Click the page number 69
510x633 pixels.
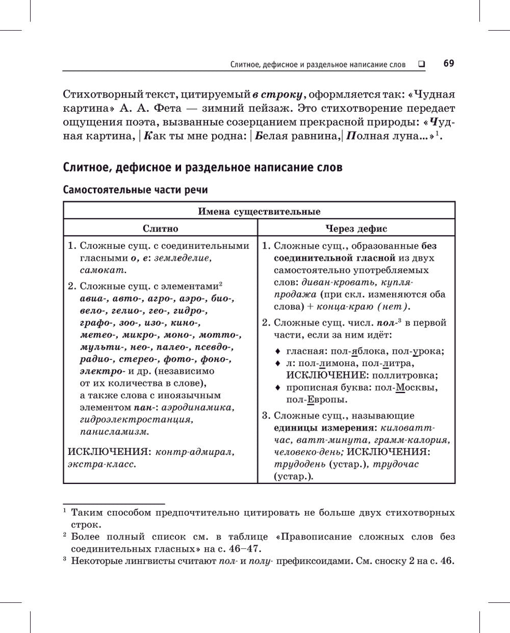(x=449, y=63)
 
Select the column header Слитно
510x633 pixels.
(x=160, y=229)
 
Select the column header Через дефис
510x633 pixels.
(x=356, y=229)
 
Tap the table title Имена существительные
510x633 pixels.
(x=259, y=211)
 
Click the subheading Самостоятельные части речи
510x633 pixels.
(x=135, y=190)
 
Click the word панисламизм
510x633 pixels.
(x=115, y=432)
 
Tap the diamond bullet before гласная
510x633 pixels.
(x=277, y=351)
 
